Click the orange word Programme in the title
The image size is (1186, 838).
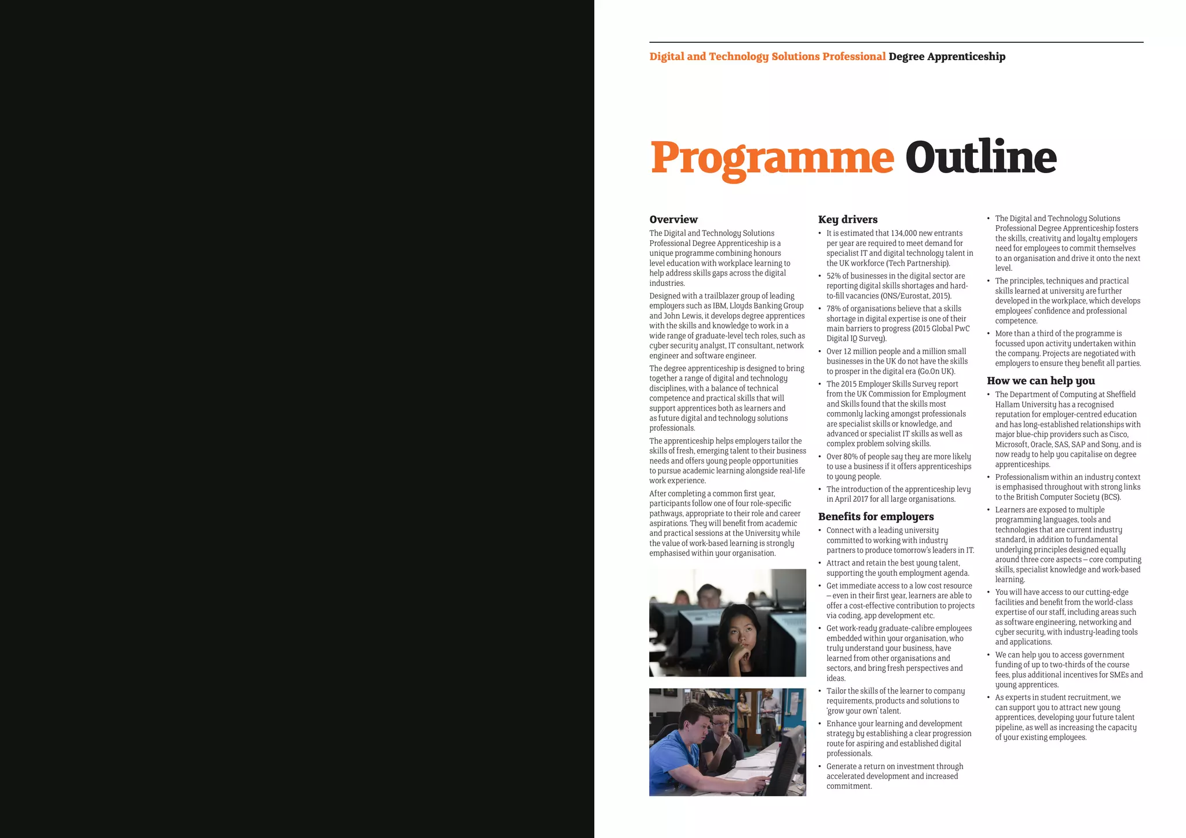772,157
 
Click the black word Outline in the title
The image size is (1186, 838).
981,157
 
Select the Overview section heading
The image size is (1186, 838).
673,219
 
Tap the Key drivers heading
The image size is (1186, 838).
848,219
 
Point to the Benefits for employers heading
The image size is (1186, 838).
876,516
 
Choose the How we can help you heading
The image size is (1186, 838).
1041,380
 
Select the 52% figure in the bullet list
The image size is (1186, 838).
833,276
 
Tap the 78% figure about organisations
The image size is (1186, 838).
833,308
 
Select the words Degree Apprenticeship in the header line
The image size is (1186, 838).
947,57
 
